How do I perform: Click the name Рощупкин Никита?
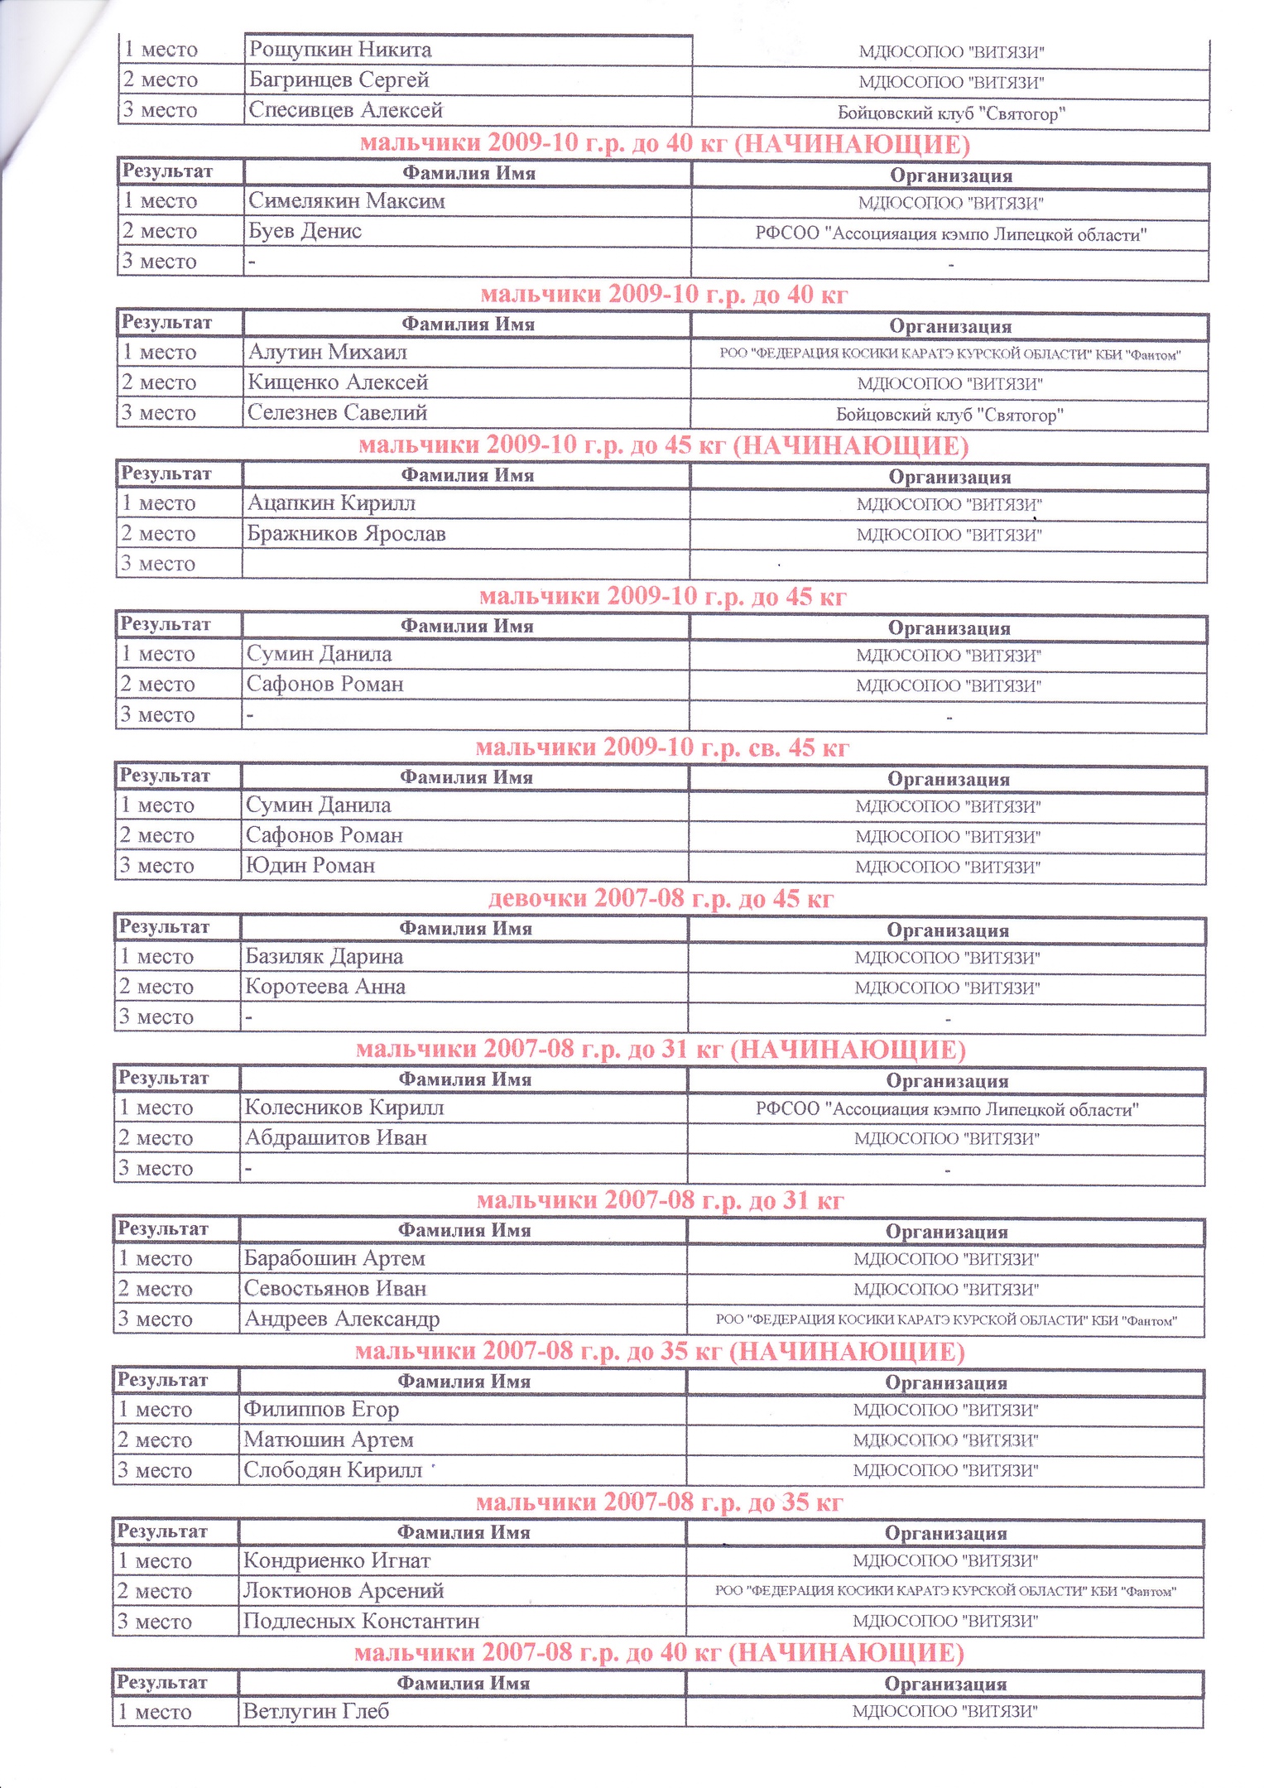(340, 50)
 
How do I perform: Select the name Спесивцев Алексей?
(346, 110)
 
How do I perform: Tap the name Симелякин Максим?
(347, 201)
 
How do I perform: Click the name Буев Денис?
(305, 231)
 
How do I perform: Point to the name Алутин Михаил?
(328, 353)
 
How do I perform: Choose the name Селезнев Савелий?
(338, 412)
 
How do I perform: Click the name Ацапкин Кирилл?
(331, 503)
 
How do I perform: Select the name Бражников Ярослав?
(346, 534)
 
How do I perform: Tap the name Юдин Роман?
(310, 866)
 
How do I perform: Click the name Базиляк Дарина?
(324, 957)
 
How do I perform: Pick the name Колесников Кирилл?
(344, 1108)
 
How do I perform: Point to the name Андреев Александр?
(342, 1319)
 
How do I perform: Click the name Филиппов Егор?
(321, 1409)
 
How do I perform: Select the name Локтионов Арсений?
(344, 1590)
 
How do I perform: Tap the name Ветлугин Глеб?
(315, 1711)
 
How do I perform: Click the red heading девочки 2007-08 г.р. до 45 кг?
(661, 898)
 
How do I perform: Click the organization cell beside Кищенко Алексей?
(949, 384)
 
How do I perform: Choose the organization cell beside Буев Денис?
(950, 234)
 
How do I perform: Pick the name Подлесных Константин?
(361, 1621)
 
